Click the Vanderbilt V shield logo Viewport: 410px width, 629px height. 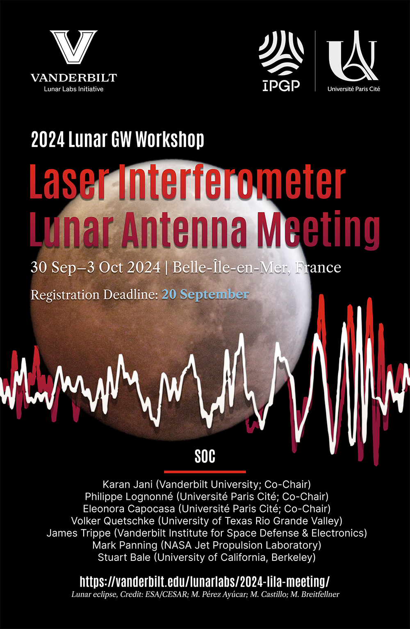pos(74,47)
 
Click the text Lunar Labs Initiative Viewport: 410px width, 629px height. pos(74,89)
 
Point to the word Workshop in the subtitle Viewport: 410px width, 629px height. pos(170,140)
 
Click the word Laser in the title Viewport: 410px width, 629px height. pos(69,182)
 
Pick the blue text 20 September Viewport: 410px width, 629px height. pos(205,295)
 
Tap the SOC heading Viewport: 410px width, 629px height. pos(205,456)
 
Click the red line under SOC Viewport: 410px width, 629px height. pos(205,472)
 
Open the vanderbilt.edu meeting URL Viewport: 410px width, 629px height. pos(205,581)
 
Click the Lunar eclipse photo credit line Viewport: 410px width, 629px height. pos(205,594)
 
